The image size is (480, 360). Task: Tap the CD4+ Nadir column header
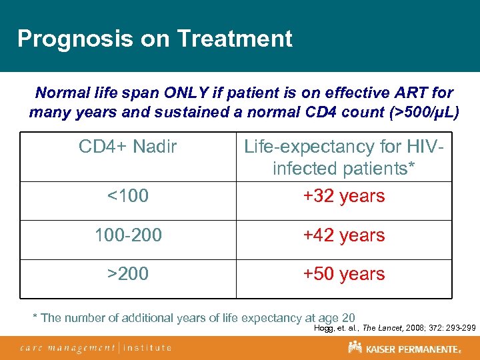127,146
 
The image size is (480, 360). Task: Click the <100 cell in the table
128,196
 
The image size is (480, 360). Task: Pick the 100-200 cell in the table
128,235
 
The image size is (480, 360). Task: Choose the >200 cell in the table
128,274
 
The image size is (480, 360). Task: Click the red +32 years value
343,196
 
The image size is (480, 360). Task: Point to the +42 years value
343,235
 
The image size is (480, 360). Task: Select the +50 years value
343,274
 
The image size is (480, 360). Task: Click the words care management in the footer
67,347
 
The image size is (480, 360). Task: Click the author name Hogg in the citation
325,327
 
